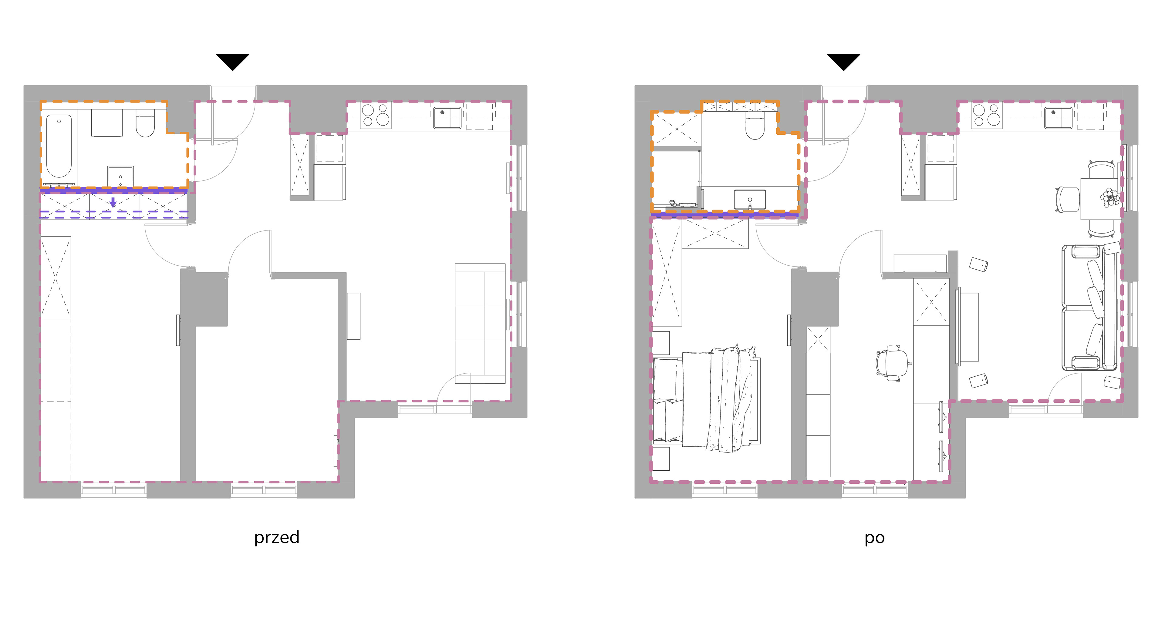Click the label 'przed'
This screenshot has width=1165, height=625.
tap(276, 538)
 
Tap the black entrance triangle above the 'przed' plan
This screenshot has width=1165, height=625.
tap(232, 62)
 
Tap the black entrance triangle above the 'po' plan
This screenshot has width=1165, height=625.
tap(843, 62)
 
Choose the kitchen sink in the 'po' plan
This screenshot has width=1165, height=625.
tap(1058, 117)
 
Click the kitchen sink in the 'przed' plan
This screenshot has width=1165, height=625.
tap(447, 117)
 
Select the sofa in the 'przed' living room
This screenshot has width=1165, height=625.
tap(480, 324)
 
